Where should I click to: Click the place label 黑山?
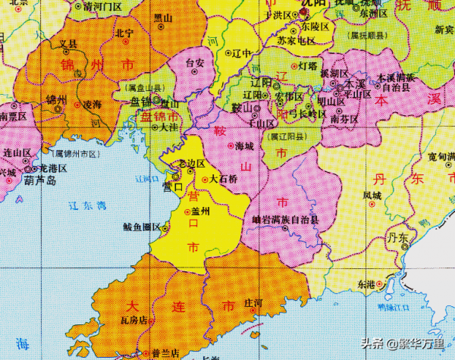(x=162, y=17)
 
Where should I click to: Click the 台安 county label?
(x=195, y=63)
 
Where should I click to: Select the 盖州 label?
(x=201, y=212)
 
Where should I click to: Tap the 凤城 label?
(x=372, y=196)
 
